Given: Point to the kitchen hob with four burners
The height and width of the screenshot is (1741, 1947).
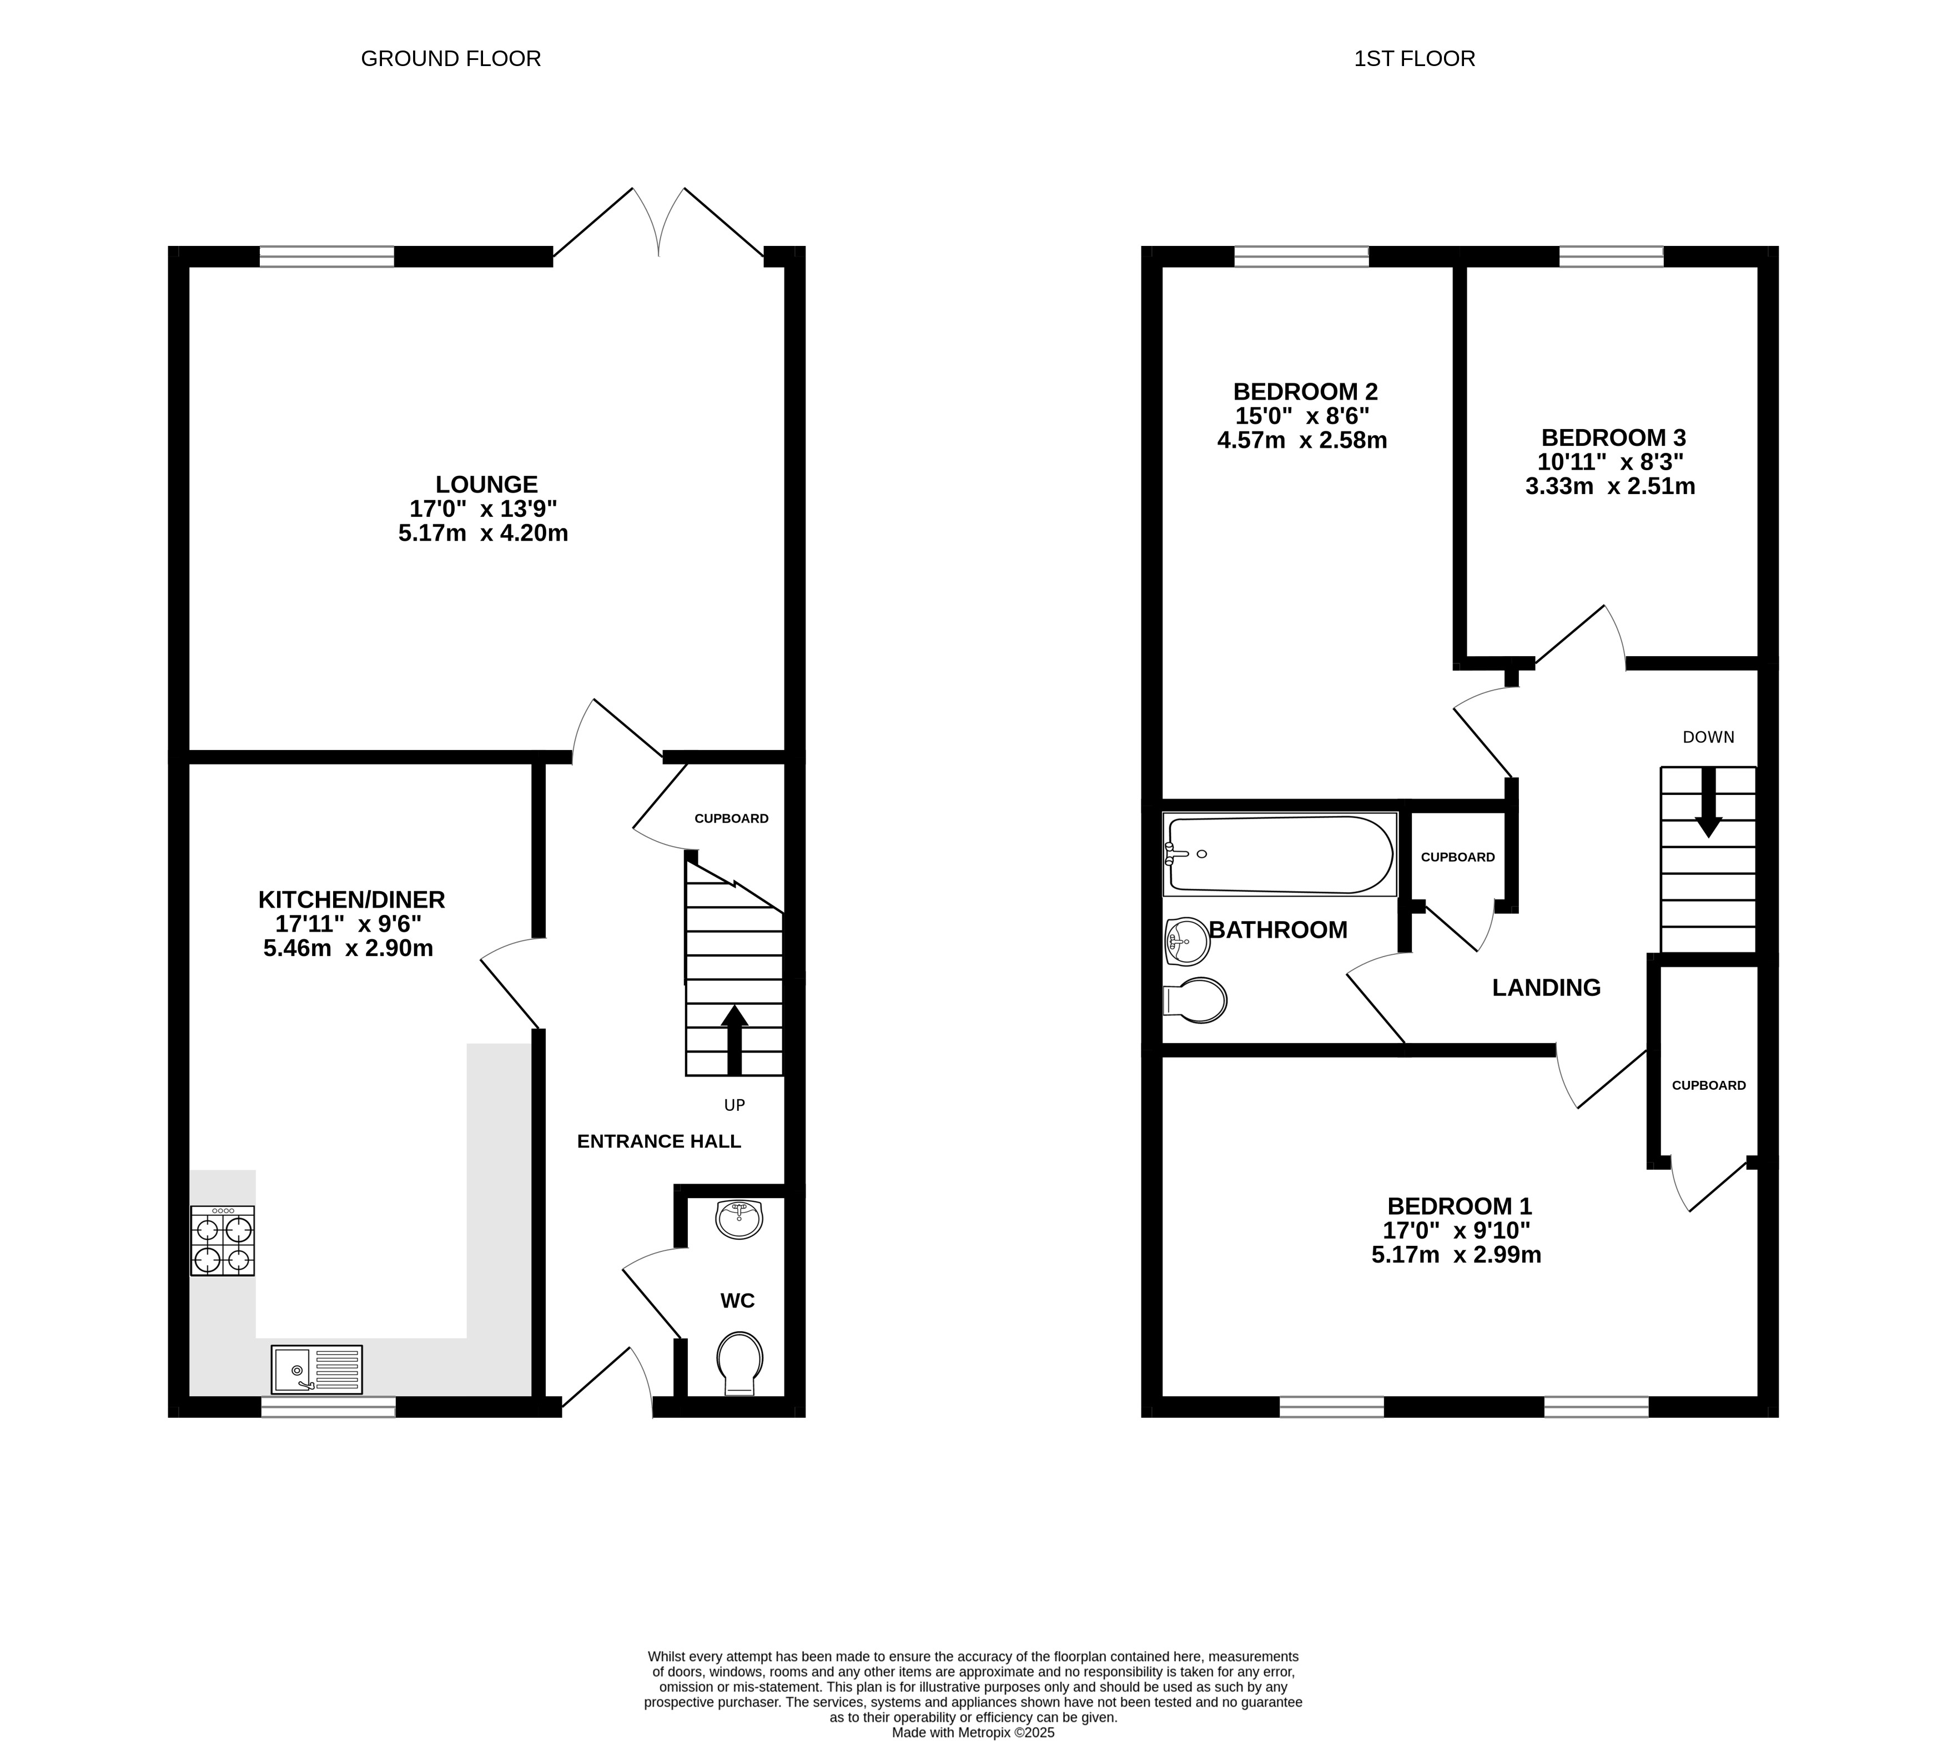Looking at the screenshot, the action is click(x=223, y=1241).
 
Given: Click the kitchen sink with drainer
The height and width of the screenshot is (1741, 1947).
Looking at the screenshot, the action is click(x=316, y=1369).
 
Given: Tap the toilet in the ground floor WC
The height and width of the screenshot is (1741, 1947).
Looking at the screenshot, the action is click(x=739, y=1362).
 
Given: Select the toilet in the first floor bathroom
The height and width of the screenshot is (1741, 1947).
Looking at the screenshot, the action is click(x=1195, y=1000).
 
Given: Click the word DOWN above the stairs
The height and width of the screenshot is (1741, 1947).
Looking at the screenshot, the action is click(x=1708, y=737).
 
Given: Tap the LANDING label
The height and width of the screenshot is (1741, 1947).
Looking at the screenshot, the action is click(x=1546, y=987).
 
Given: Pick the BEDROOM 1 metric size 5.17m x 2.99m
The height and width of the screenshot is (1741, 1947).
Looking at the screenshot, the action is click(x=1456, y=1255).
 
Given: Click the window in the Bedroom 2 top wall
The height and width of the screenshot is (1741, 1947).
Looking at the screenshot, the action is click(x=1301, y=256).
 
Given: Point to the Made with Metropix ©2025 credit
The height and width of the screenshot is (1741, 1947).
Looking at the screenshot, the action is click(x=973, y=1732).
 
